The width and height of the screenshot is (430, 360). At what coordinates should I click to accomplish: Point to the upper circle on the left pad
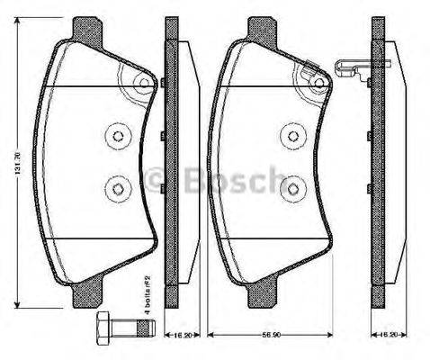pos(118,135)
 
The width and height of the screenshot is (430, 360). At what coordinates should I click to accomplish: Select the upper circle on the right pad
pos(292,135)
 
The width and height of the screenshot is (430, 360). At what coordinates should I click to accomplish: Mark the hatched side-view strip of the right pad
pos(378,162)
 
